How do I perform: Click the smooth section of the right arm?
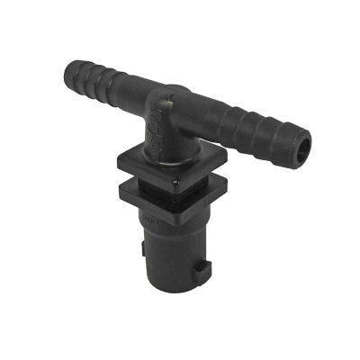[216, 112]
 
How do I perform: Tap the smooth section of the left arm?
[130, 85]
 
